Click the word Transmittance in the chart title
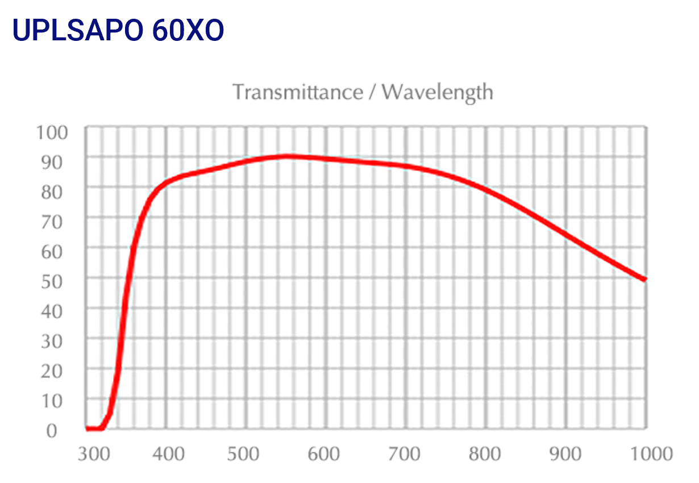(297, 91)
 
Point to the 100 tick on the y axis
(52, 133)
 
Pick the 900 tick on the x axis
(566, 454)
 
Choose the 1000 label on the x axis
(648, 454)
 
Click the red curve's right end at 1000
(644, 279)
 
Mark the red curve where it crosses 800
(486, 189)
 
